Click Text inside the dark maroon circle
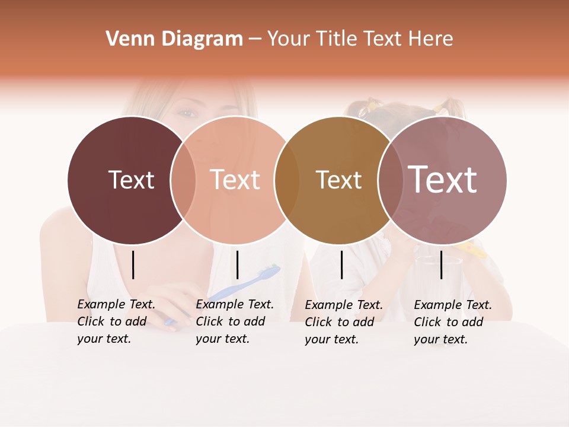pyautogui.click(x=131, y=180)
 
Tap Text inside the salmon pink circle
pyautogui.click(x=235, y=180)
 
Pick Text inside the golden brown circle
pyautogui.click(x=338, y=180)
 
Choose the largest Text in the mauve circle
pyautogui.click(x=443, y=179)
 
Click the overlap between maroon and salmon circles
pyautogui.click(x=183, y=180)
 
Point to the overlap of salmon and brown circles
pyautogui.click(x=286, y=180)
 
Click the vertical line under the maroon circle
pyautogui.click(x=133, y=265)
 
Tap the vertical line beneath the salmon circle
pyautogui.click(x=237, y=265)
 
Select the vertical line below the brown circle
pyautogui.click(x=341, y=265)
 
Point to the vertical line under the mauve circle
pyautogui.click(x=441, y=265)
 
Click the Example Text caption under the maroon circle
pyautogui.click(x=116, y=321)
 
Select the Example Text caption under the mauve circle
pyautogui.click(x=453, y=321)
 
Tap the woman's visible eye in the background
pyautogui.click(x=186, y=113)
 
